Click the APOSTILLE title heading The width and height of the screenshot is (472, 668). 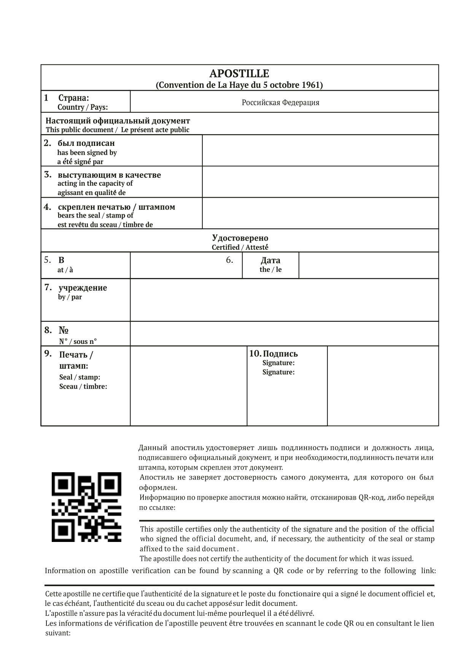239,73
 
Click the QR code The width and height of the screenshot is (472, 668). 86,507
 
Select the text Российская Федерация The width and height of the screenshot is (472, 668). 280,102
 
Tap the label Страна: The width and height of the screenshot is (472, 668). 73,98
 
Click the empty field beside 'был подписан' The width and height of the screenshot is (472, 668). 320,150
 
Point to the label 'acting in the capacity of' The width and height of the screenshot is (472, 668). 95,184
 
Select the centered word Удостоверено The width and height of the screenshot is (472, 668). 240,238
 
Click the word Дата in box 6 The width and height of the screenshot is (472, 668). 270,260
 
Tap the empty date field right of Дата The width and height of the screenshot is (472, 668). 368,265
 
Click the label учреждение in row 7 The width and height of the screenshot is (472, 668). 83,288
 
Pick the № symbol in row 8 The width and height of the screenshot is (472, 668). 64,330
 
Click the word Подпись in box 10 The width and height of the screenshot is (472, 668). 280,354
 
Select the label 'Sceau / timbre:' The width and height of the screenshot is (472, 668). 83,387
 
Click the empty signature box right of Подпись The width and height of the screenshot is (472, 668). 383,386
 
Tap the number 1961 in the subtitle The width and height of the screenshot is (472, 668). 312,85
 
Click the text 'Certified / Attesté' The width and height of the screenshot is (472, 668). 240,248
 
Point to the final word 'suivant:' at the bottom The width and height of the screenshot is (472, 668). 58,633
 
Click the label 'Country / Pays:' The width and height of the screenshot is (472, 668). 83,107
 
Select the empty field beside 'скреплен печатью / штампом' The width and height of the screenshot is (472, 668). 320,213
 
